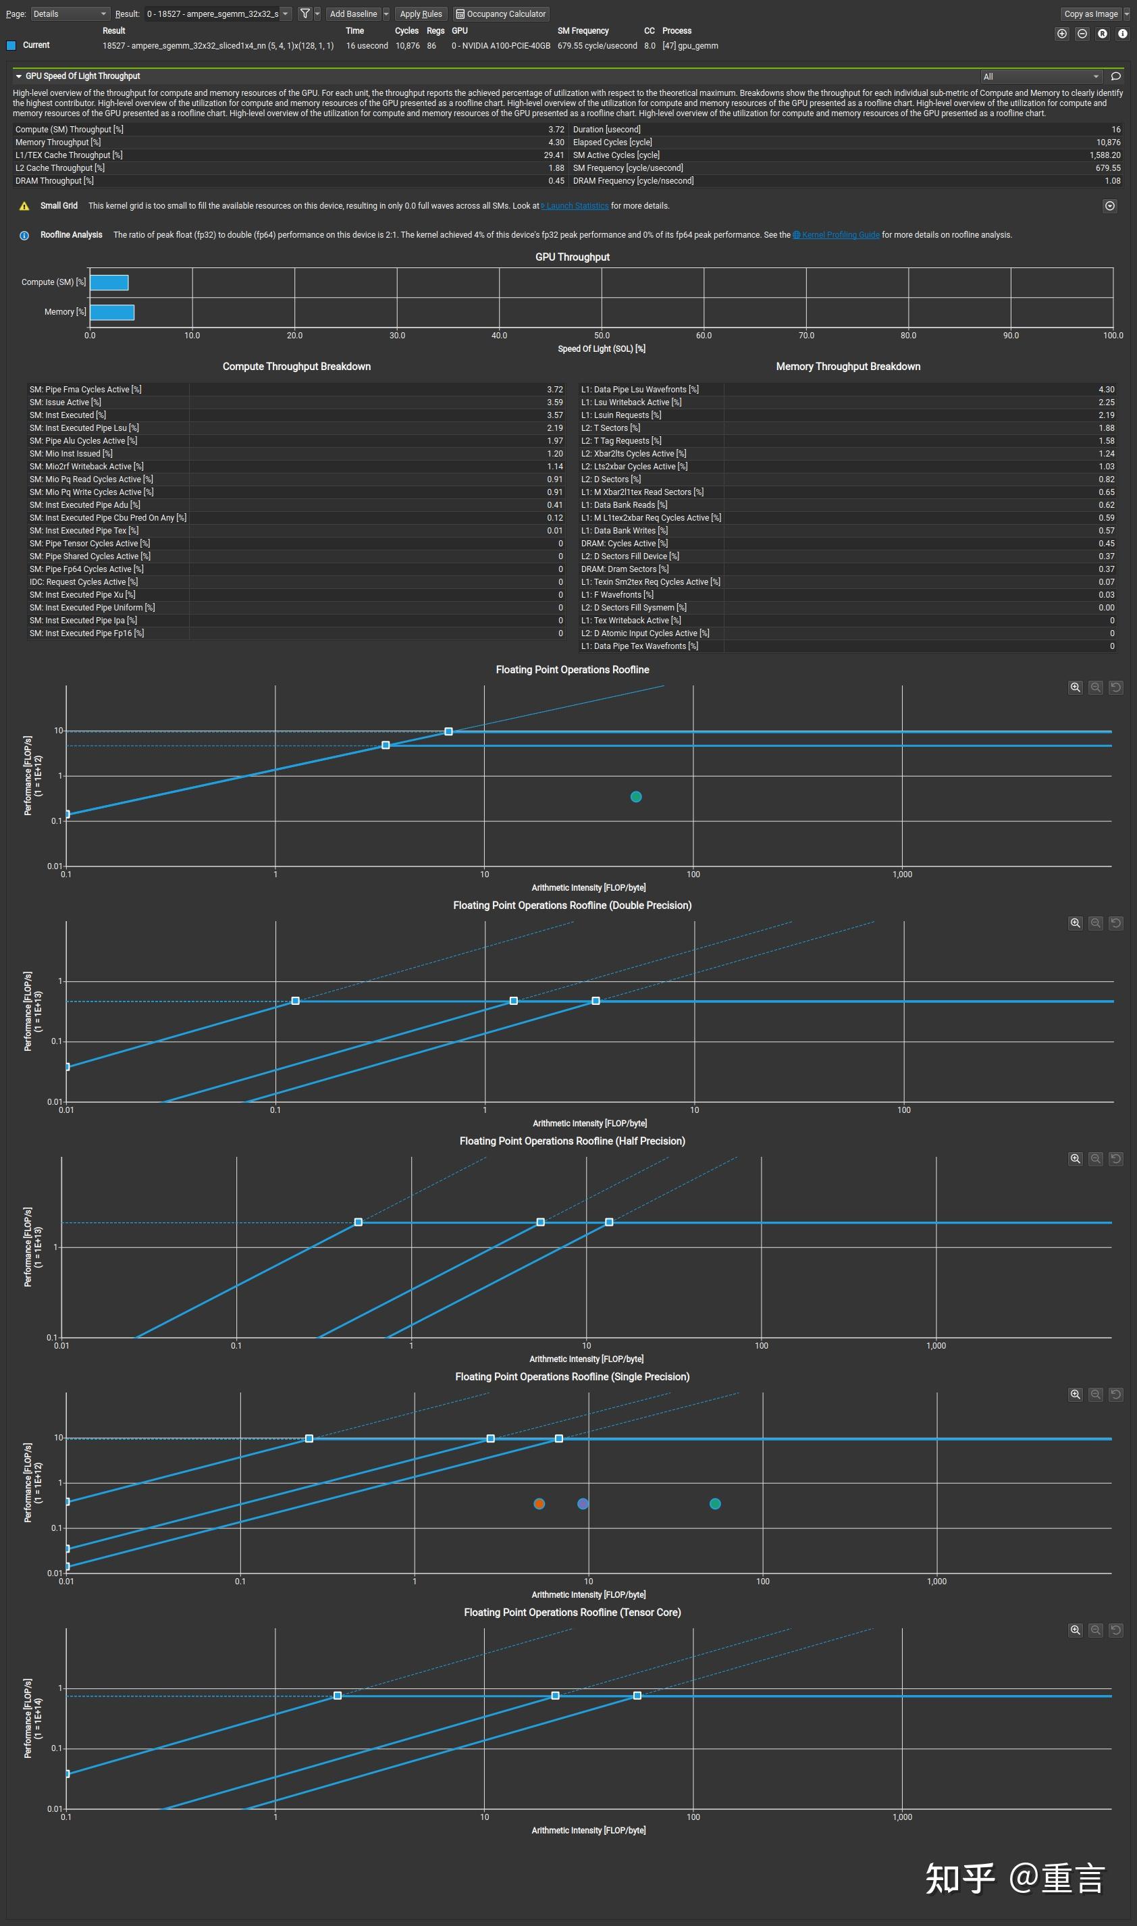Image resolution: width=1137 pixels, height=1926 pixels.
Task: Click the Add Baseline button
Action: tap(353, 14)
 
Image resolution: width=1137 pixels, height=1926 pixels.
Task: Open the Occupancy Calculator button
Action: tap(501, 14)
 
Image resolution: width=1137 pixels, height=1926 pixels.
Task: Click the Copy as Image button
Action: tap(1090, 14)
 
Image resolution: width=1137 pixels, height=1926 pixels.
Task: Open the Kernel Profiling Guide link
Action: tap(840, 235)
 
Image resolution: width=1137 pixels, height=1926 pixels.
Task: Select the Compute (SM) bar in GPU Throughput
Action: tap(109, 283)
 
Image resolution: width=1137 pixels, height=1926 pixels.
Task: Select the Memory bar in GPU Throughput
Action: tap(112, 312)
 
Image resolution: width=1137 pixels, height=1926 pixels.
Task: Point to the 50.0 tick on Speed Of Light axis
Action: tap(602, 336)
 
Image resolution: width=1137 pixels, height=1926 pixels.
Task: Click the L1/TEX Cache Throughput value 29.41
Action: tap(554, 155)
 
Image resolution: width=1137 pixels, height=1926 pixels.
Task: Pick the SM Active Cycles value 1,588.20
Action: tap(1105, 155)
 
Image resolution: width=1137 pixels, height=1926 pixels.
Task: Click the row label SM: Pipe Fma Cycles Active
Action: tap(85, 390)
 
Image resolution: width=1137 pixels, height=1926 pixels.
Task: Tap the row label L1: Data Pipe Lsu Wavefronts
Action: tap(639, 390)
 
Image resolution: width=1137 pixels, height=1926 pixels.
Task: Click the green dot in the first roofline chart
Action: tap(636, 797)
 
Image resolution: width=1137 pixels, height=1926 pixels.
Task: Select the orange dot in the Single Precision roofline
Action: tap(539, 1504)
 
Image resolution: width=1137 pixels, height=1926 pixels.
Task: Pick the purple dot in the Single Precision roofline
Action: tap(583, 1504)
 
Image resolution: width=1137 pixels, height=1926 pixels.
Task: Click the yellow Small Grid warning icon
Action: tap(24, 206)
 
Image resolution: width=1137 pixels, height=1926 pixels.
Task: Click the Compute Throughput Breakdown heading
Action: tap(296, 367)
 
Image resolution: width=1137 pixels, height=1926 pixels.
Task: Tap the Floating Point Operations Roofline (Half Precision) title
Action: tap(572, 1141)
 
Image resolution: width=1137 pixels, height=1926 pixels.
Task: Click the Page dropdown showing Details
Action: tap(69, 14)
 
